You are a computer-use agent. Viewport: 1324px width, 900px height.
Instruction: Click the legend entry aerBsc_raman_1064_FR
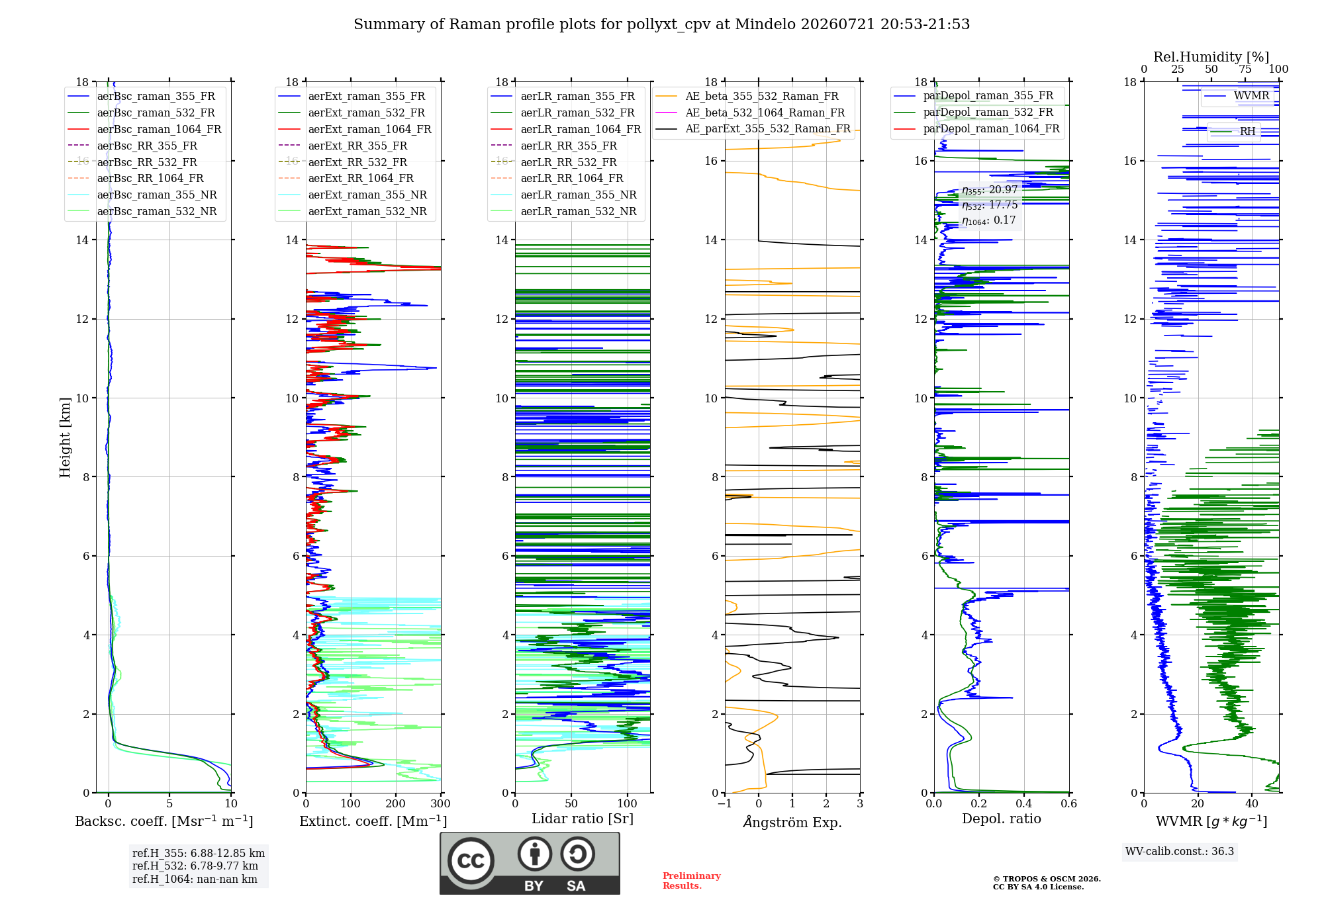coord(144,129)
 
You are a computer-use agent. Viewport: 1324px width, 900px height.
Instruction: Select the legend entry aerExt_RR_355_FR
coord(343,146)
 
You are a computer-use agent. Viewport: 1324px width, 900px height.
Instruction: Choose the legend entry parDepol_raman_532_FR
coord(974,112)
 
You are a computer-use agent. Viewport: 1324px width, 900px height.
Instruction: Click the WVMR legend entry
coord(1237,95)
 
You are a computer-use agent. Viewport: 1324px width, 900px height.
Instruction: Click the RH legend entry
coord(1233,131)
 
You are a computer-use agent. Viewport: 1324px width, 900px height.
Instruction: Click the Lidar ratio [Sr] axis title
coord(583,819)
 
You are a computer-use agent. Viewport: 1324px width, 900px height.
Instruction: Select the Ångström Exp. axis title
coord(792,822)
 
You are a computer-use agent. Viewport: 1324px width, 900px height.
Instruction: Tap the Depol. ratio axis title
coord(1002,819)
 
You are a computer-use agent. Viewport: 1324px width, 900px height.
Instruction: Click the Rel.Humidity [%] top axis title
coord(1211,57)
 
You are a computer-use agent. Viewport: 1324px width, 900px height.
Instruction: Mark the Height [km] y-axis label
coord(65,437)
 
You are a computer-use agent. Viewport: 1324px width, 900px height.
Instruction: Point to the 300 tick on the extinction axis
coord(440,803)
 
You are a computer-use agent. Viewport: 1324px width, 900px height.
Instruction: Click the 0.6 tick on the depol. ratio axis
coord(1068,803)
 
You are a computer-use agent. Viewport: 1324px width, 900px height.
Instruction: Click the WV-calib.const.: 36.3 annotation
coord(1180,851)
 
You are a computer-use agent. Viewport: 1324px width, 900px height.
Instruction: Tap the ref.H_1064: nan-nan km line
coord(195,879)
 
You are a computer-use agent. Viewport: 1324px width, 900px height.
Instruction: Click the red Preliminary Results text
coord(692,881)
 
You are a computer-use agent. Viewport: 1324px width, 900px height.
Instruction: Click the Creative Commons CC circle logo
coord(471,861)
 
